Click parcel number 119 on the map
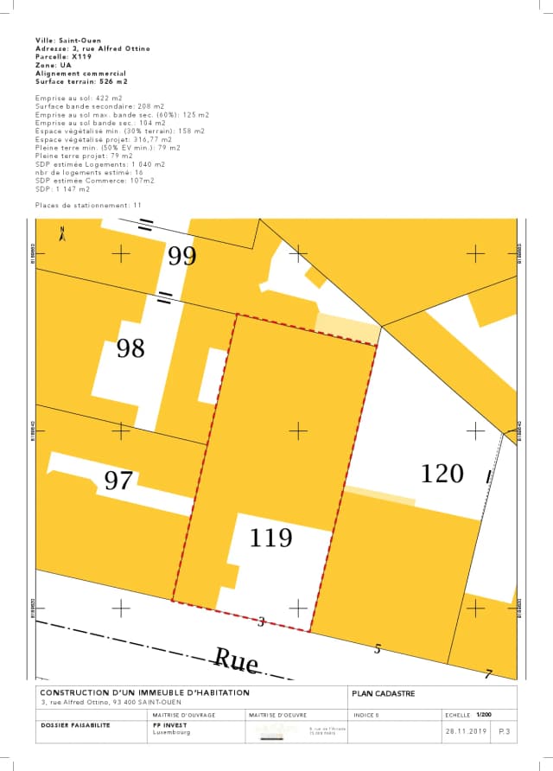pos(271,538)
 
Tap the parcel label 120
pos(442,474)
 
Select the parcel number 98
pos(130,348)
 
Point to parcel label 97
pos(118,481)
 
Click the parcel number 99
pos(181,256)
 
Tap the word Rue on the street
pos(236,661)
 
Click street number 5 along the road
pos(377,649)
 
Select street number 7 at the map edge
pos(488,675)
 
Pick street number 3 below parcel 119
pos(262,621)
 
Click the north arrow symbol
pos(62,233)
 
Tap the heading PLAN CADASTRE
pos(384,693)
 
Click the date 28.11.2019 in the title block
pos(467,731)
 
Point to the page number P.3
pos(504,731)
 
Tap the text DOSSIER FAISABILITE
pos(76,725)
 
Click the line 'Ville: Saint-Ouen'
pos(68,41)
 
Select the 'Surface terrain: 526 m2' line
pos(81,80)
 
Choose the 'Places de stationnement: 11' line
pos(88,205)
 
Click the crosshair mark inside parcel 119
pos(298,430)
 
